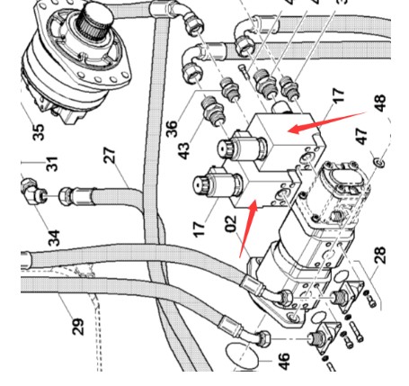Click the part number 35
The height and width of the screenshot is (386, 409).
38,132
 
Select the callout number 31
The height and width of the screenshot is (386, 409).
52,164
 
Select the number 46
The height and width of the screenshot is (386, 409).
284,361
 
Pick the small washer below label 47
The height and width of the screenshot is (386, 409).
378,163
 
